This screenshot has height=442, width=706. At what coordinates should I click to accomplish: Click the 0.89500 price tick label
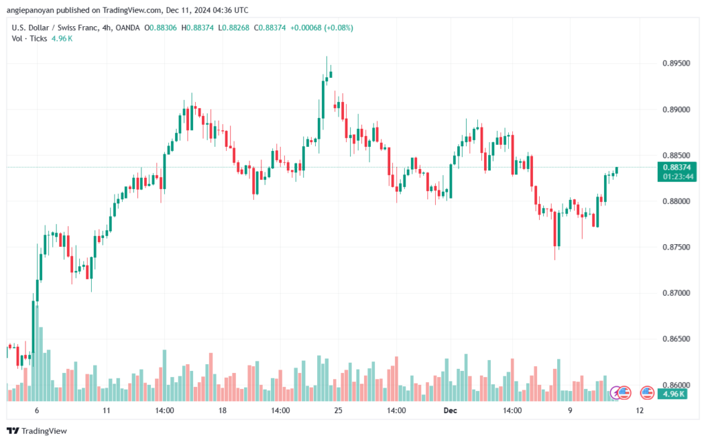tap(676, 63)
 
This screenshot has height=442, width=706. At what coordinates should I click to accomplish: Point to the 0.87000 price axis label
tap(676, 293)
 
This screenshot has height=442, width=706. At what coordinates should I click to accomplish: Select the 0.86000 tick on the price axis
tap(676, 385)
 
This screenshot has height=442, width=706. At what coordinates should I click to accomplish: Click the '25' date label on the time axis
tap(338, 410)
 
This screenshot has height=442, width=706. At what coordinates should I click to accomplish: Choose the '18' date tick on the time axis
tap(222, 410)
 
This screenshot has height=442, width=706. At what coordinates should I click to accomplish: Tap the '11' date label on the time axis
tap(106, 410)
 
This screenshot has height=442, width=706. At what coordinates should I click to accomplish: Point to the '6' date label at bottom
tap(37, 410)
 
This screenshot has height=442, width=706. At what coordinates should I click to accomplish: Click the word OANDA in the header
tap(128, 28)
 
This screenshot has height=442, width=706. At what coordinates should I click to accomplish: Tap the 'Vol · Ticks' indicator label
tap(29, 39)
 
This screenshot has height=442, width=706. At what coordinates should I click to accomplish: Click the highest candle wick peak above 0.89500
tap(327, 57)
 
